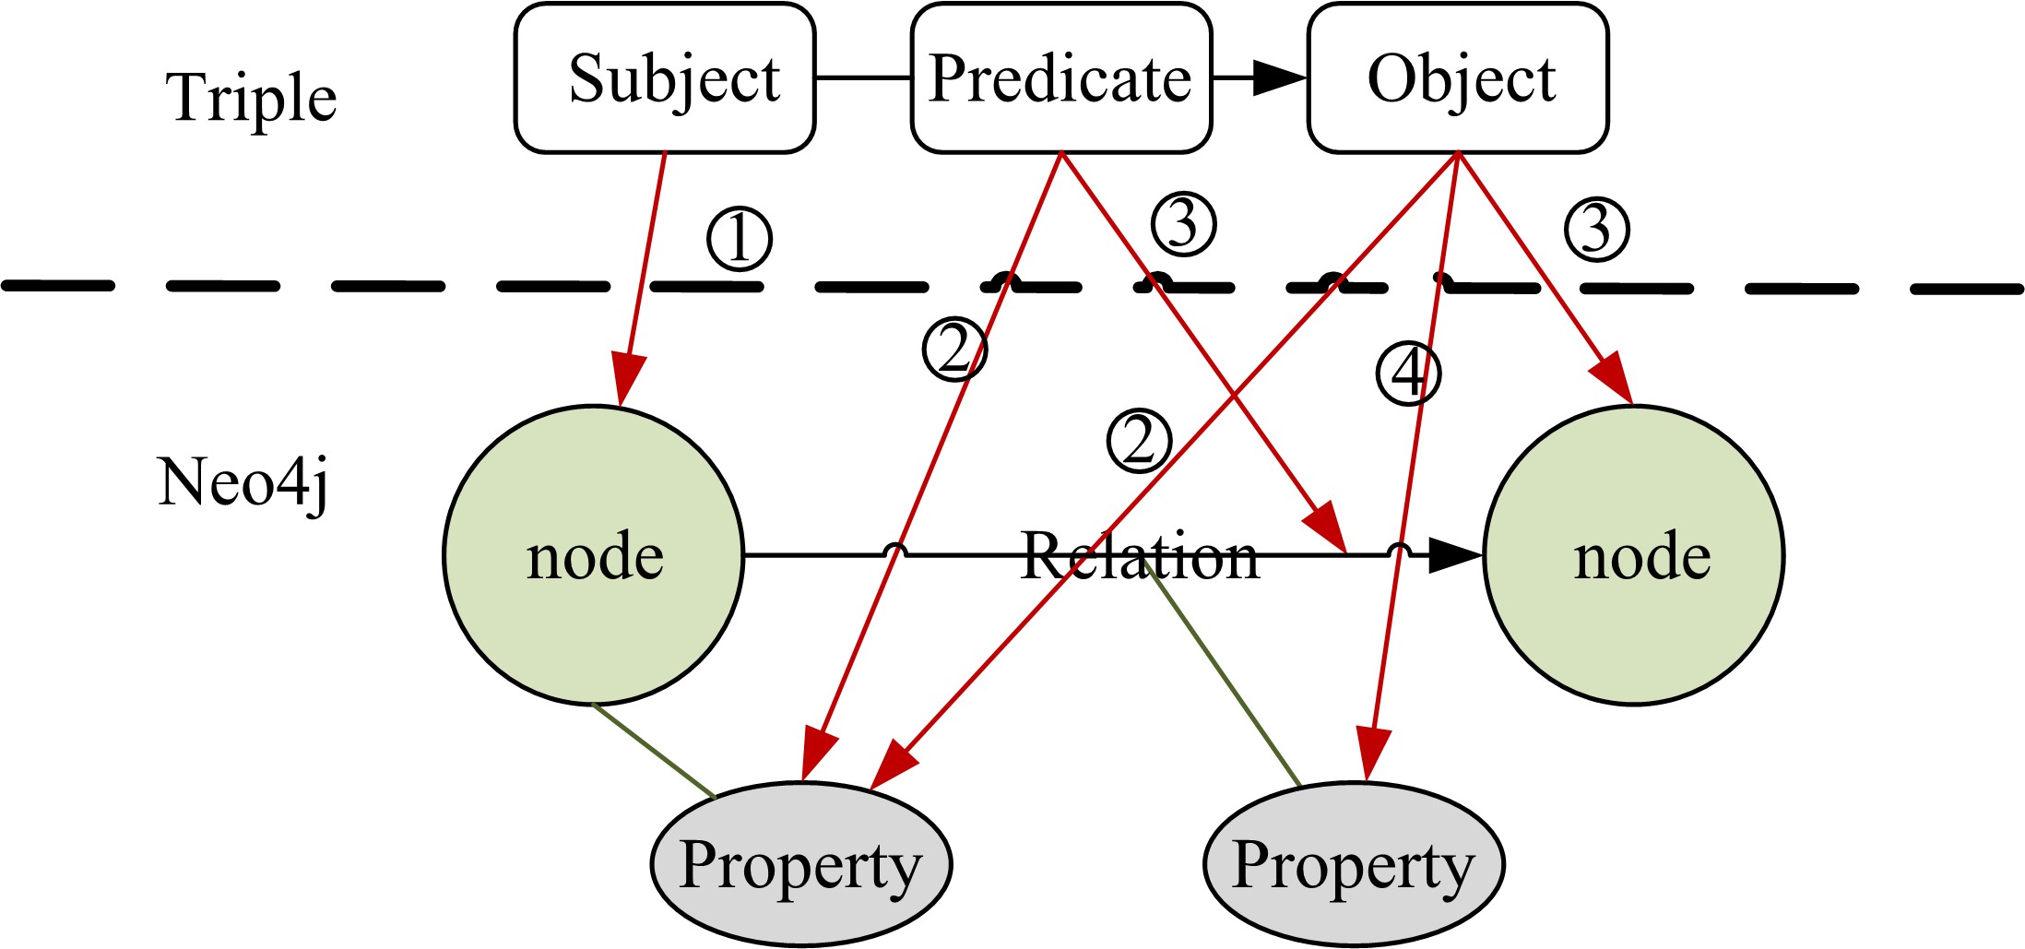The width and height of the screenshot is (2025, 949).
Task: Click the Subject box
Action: (x=665, y=78)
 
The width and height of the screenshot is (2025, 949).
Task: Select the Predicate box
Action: (x=1060, y=78)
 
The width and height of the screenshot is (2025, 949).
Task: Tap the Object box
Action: (x=1458, y=78)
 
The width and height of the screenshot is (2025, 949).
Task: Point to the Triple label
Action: (x=251, y=97)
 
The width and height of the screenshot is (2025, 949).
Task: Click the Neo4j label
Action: (x=243, y=482)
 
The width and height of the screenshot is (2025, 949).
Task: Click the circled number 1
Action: (x=740, y=240)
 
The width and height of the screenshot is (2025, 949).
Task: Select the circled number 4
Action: (x=1408, y=374)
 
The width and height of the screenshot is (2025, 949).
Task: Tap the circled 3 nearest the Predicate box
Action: (x=1184, y=224)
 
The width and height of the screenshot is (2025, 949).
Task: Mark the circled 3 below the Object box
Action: (x=1597, y=229)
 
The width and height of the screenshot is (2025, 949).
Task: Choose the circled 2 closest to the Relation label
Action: (x=1140, y=441)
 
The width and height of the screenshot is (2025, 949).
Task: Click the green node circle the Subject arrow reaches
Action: (x=594, y=555)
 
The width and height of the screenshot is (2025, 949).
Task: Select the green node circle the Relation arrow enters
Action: (x=1634, y=555)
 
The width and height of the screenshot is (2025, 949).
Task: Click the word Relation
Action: (x=1140, y=557)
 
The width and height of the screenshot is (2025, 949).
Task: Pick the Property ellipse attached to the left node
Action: (x=801, y=864)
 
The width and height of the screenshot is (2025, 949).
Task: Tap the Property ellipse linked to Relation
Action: (x=1354, y=864)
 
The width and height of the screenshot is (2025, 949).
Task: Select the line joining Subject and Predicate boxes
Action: (x=863, y=78)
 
